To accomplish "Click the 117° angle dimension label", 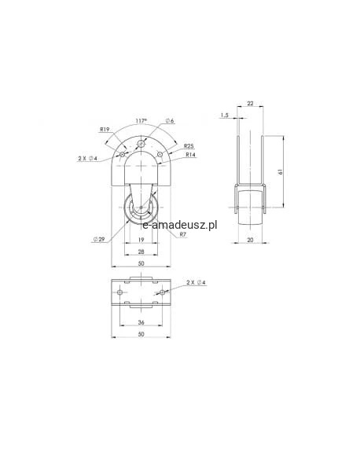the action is (141, 121).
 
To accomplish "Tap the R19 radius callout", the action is (105, 130).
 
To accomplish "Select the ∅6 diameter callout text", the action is (170, 121).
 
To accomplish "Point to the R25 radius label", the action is (189, 146).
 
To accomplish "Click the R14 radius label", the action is (190, 155).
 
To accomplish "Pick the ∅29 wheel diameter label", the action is (99, 239).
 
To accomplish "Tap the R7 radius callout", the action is (183, 234).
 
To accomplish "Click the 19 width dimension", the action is (141, 240).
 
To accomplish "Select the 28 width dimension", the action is (141, 252).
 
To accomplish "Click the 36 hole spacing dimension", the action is (141, 322).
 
